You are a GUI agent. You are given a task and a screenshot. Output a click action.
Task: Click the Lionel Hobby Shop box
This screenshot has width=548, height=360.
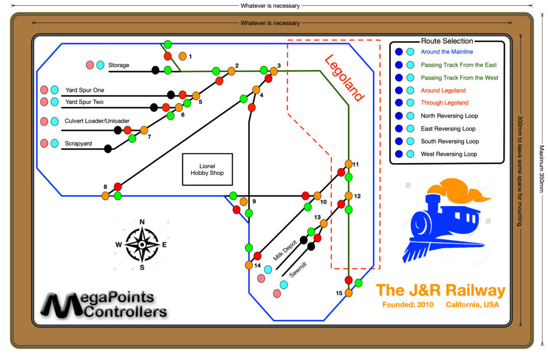[207, 170]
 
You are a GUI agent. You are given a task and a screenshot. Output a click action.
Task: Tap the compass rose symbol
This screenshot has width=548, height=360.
[142, 244]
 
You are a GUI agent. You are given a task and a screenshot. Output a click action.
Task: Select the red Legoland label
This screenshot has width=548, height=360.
[345, 79]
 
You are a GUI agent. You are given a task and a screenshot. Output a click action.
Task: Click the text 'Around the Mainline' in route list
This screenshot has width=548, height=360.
[447, 52]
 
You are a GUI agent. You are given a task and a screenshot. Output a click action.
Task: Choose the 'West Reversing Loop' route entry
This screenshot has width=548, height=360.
[449, 154]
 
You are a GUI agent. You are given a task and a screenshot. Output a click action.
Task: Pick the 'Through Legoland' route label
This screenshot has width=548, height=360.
[444, 103]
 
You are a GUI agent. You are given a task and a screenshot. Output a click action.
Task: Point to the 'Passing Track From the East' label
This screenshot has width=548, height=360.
[459, 65]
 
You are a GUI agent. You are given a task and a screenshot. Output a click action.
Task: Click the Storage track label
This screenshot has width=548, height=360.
[119, 65]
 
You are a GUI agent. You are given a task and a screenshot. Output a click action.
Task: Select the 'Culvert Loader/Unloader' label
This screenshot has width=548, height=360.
[97, 121]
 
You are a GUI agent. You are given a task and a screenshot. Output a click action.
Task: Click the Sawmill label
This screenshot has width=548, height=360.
[298, 270]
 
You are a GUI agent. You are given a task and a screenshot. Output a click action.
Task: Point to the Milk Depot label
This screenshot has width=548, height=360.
[285, 250]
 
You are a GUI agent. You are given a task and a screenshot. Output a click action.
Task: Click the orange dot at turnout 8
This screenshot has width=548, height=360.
[105, 196]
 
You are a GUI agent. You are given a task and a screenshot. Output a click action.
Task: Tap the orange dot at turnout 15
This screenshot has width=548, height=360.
[348, 293]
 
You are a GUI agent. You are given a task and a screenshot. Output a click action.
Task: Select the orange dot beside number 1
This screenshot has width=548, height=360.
[182, 56]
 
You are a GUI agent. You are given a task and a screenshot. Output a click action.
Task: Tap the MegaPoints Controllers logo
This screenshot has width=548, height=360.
[105, 305]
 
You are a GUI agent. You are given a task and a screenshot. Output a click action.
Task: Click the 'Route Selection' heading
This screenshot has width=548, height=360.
[447, 41]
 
